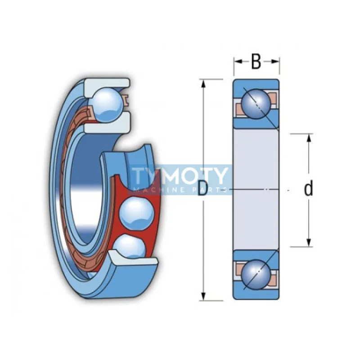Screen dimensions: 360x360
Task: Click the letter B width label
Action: click(256, 61)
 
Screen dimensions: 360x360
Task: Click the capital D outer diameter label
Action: click(202, 189)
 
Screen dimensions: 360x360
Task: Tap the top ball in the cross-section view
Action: click(256, 104)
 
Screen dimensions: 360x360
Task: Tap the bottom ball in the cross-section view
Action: click(256, 274)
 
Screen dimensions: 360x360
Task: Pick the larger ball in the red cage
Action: click(137, 214)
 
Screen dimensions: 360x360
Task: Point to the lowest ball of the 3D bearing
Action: click(130, 246)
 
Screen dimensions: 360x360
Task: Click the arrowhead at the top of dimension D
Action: click(203, 84)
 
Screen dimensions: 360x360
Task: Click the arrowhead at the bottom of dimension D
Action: click(203, 296)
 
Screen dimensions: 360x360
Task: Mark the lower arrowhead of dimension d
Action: click(309, 242)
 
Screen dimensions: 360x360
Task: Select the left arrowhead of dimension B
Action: click(238, 61)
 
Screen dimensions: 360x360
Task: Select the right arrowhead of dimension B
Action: click(275, 61)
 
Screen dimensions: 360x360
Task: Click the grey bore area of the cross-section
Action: click(256, 189)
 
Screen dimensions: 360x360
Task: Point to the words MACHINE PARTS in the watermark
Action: click(180, 190)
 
